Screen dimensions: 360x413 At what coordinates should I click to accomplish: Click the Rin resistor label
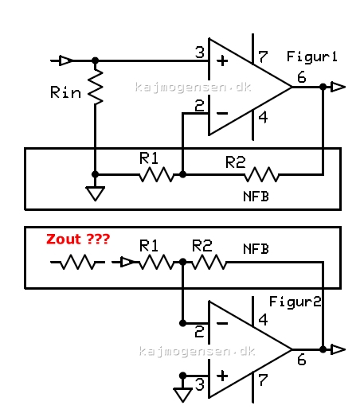(65, 92)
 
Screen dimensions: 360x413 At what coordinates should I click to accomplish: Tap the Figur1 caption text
(312, 56)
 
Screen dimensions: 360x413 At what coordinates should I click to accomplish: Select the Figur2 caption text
(295, 302)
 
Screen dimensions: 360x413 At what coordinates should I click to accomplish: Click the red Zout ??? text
(78, 239)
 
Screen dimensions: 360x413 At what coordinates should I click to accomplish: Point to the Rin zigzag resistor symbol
(96, 87)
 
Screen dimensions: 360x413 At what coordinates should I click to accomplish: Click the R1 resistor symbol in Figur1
(156, 174)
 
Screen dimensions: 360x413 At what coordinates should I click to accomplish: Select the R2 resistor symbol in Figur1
(261, 174)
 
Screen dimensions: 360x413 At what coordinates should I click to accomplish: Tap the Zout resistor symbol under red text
(77, 262)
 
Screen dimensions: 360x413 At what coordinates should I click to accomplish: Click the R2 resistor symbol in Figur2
(209, 262)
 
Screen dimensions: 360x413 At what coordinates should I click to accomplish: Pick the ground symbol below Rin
(96, 193)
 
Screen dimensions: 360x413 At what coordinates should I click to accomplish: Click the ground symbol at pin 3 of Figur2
(182, 395)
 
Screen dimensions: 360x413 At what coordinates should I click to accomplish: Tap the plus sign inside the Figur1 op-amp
(222, 61)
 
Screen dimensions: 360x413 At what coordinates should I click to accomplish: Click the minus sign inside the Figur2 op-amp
(222, 323)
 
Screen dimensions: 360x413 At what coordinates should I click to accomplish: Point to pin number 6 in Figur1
(302, 77)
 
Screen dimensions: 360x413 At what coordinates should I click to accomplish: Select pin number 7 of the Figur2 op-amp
(263, 380)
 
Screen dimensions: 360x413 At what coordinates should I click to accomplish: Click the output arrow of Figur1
(338, 87)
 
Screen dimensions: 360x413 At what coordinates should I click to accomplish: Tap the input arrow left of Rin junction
(65, 60)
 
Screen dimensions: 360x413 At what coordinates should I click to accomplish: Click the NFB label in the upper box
(256, 197)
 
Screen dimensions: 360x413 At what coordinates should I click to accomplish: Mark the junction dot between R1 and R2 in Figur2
(182, 262)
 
